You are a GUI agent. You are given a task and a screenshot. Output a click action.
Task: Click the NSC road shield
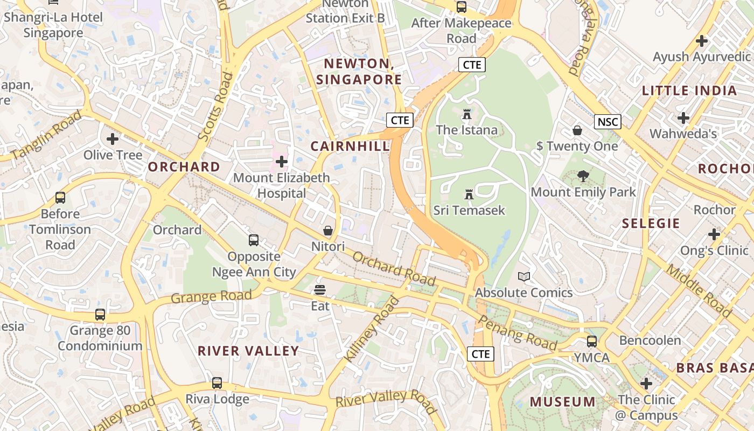coord(608,122)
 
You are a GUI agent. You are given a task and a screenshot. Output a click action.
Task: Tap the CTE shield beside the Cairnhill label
coord(400,120)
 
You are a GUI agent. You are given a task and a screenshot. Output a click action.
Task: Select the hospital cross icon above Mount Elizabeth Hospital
coord(282,161)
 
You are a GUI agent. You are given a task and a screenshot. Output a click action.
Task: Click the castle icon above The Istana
coord(466,114)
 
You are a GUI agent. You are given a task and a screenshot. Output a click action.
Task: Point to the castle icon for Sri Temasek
coord(469,194)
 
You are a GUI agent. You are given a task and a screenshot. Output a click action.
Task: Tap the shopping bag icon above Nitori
coord(328,231)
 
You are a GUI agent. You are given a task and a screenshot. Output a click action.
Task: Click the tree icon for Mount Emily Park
coord(583,176)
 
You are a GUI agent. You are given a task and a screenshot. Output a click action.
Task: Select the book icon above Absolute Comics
coord(523,277)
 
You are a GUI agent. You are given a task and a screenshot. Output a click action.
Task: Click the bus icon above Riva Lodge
coord(217,383)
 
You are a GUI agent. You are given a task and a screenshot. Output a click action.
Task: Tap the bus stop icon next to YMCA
coord(592,342)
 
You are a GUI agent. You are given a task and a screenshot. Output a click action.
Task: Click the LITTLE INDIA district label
coord(689,91)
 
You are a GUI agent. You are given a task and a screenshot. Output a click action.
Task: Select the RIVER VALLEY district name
coord(248,351)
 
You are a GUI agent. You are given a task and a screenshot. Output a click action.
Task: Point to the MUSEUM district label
coord(563,402)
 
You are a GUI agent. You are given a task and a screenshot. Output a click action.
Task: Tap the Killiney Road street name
coord(372,329)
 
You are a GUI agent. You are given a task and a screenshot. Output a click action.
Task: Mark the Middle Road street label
coord(699,291)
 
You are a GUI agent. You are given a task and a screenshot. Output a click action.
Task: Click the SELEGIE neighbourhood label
coord(651,223)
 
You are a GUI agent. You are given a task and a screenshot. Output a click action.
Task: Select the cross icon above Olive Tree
coord(113,140)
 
